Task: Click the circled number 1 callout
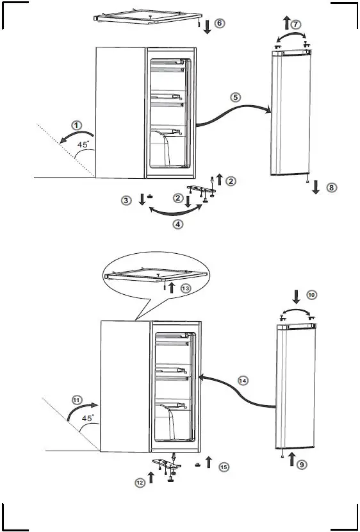coord(76,126)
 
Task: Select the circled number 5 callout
coord(236,97)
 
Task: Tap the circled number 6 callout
coord(219,24)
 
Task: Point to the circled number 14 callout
coord(243,380)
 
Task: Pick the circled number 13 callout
coord(185,288)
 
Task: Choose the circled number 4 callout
coord(178,224)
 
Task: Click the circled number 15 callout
coord(223,467)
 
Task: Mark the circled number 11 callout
coord(77,400)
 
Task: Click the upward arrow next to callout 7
coord(286,24)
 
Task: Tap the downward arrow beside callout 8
coord(316,190)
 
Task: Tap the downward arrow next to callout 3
coord(142,200)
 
